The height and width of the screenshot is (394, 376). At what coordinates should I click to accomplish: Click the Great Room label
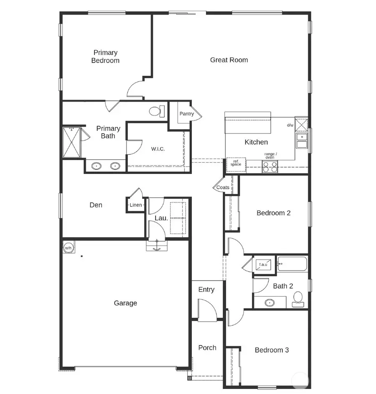229,60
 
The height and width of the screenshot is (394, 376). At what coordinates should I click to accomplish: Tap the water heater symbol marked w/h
68,248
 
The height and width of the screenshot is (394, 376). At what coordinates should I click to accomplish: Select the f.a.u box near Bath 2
264,264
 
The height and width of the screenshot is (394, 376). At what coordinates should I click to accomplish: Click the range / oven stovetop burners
270,167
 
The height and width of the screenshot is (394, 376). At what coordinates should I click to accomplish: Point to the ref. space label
236,163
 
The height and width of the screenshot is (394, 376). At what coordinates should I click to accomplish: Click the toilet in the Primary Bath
157,111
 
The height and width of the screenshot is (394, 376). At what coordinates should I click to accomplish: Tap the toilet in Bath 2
298,299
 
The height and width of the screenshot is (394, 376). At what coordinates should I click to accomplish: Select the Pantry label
186,114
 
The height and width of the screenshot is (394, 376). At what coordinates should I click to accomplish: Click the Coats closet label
223,187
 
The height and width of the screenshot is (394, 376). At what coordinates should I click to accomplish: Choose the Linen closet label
136,205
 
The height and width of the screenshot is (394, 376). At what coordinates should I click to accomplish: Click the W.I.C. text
158,149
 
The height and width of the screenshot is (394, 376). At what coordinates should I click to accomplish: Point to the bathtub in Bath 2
292,264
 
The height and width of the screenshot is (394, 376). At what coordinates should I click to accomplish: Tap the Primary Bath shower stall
71,142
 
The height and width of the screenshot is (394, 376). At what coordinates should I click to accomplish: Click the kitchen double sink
301,141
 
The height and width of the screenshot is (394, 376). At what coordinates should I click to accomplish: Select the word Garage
125,303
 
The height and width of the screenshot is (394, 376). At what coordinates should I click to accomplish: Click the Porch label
207,348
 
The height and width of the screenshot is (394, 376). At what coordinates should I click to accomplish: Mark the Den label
96,205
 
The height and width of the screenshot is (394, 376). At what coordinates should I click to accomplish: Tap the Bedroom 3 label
272,350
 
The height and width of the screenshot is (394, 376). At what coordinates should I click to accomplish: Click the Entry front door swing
208,312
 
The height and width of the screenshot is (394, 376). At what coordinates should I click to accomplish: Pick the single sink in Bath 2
269,302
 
